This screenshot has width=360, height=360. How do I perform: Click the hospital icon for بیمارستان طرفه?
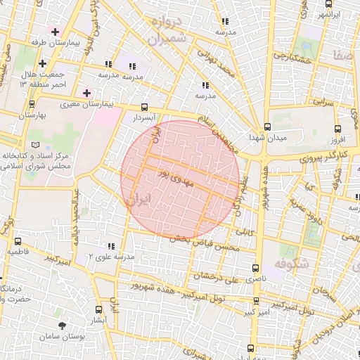coord(55,32)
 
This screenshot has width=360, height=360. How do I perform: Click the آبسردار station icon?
coord(144,108)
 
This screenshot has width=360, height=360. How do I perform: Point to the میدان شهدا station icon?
coord(268,127)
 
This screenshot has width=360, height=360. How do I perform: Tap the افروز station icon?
coord(338,129)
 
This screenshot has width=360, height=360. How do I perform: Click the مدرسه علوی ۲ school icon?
coord(111,246)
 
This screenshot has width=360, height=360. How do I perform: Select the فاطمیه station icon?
coord(18,241)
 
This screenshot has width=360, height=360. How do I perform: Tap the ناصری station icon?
coord(255,269)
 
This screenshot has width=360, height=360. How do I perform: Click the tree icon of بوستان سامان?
coord(63,326)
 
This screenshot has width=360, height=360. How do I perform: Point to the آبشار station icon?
coord(98,309)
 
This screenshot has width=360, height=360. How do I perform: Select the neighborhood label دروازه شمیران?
coord(167,30)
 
